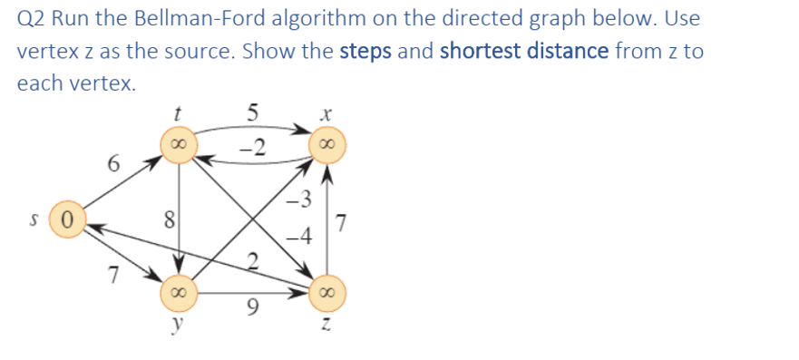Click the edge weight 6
click(112, 164)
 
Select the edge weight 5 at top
click(253, 113)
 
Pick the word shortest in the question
click(477, 51)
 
